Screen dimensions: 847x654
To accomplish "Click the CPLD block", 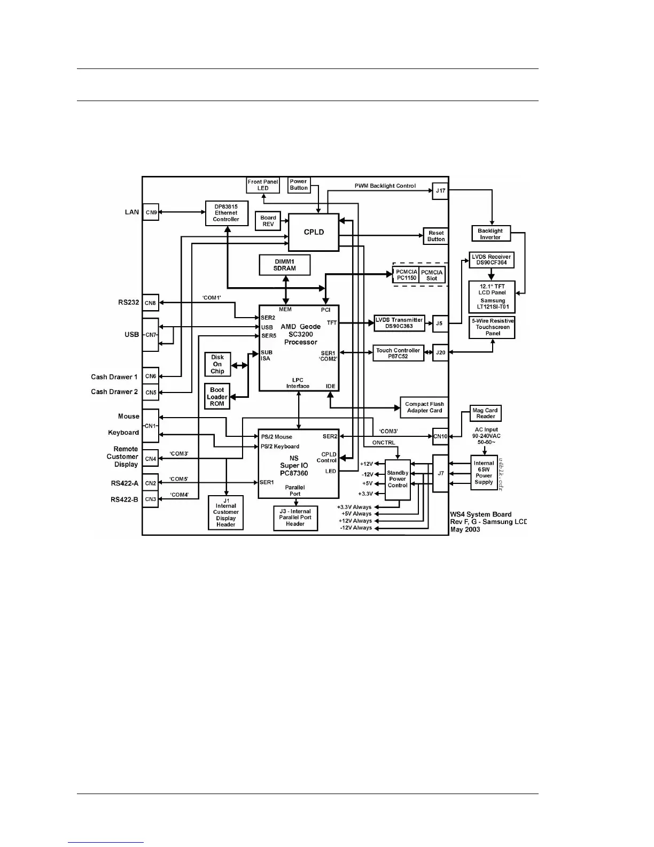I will click(314, 232).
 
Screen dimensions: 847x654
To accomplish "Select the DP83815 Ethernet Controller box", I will click(227, 213).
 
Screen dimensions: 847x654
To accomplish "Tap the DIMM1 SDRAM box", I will click(285, 265).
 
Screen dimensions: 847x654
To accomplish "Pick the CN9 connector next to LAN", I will click(151, 212).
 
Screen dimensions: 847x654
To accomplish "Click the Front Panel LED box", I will click(263, 185).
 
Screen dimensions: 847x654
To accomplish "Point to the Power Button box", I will click(299, 185).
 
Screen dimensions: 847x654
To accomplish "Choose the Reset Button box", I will click(436, 236).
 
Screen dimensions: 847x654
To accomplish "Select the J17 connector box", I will click(440, 191).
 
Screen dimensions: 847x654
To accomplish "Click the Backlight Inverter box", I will click(490, 234).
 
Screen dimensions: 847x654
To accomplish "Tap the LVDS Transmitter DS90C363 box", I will click(399, 323).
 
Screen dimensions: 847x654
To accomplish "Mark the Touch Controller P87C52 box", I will click(398, 353).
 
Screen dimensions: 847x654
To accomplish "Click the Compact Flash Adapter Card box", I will click(424, 407).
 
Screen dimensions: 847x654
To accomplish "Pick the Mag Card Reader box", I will click(486, 413).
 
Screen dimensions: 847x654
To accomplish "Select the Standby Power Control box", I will click(398, 479).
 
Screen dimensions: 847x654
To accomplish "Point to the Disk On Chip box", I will click(217, 364).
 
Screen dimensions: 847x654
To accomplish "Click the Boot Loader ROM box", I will click(217, 397).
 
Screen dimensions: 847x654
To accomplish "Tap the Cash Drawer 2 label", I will click(114, 392).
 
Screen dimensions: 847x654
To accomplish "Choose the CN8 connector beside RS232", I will click(151, 303).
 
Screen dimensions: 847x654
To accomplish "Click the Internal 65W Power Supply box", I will click(484, 473).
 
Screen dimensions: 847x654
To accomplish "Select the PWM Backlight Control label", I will click(385, 186).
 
